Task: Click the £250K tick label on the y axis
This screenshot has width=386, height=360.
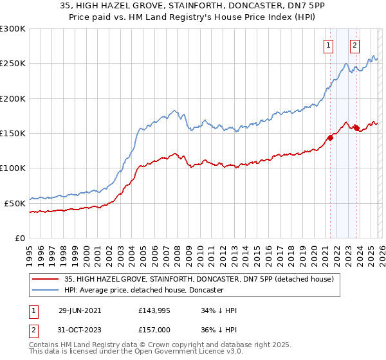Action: point(13,64)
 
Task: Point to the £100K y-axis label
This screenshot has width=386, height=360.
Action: point(13,168)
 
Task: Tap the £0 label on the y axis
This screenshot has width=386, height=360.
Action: point(20,238)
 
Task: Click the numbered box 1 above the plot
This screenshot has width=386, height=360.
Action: point(329,45)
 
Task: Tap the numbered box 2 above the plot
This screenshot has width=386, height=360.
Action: point(354,45)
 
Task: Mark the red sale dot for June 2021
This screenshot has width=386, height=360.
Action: point(331,137)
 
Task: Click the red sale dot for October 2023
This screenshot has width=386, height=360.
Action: point(356,128)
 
